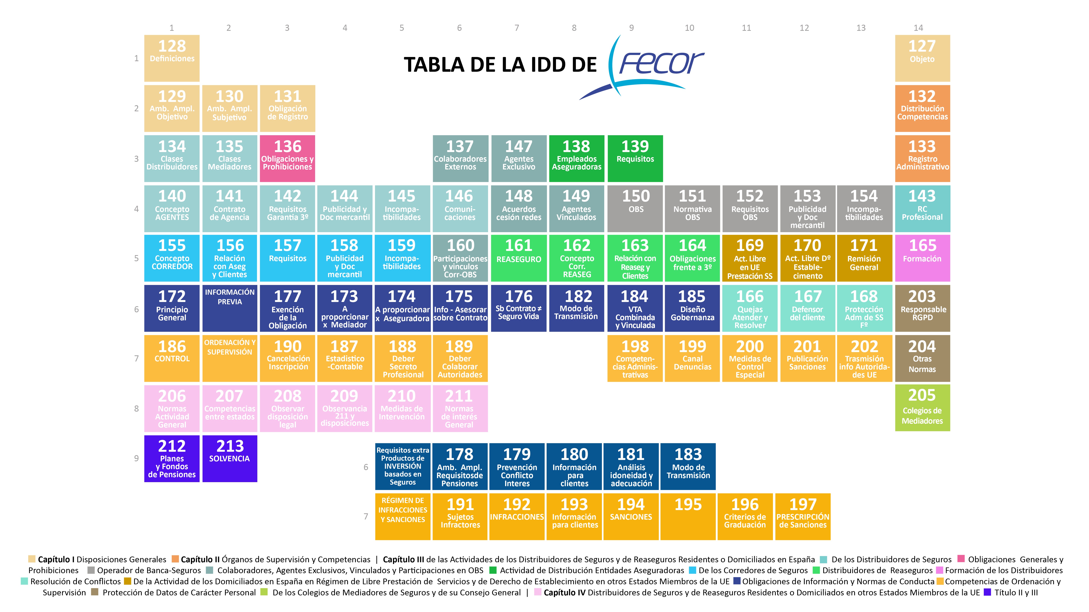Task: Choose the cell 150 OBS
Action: pyautogui.click(x=636, y=208)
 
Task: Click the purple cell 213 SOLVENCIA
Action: pyautogui.click(x=230, y=458)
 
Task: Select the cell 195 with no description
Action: pyautogui.click(x=688, y=516)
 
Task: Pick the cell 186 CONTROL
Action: pyautogui.click(x=172, y=358)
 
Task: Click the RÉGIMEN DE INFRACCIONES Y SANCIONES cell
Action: pyautogui.click(x=403, y=516)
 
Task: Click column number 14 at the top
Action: pyautogui.click(x=918, y=28)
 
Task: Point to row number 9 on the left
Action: pyautogui.click(x=136, y=458)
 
